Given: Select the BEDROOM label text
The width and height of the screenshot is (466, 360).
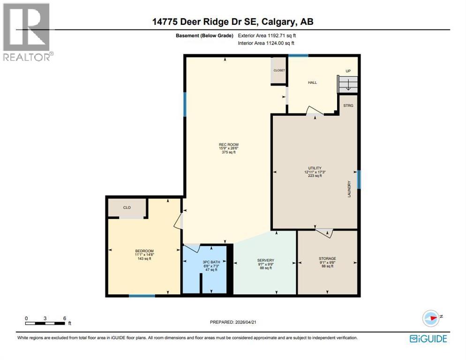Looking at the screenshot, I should click(144, 251).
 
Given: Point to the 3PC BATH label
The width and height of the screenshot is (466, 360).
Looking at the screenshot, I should click(205, 262).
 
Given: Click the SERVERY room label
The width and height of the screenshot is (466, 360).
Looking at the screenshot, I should click(265, 261).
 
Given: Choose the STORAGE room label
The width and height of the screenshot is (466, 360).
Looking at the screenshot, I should click(327, 258).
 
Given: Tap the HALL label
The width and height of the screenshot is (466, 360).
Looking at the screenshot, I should click(312, 82).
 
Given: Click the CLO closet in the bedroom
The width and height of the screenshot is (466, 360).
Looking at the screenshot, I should click(127, 207).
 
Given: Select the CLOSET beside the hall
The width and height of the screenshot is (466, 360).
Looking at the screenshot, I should click(279, 70).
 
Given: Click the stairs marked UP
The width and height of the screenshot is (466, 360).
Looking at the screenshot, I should click(348, 84).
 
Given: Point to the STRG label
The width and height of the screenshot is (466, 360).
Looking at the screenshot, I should click(348, 105).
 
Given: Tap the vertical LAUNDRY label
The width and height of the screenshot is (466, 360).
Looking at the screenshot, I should click(349, 189).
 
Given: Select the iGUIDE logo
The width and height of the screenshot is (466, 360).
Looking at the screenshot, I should click(428, 338).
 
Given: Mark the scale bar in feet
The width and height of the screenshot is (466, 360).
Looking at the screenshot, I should click(45, 322).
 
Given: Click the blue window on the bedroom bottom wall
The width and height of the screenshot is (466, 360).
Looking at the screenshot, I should click(142, 296).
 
